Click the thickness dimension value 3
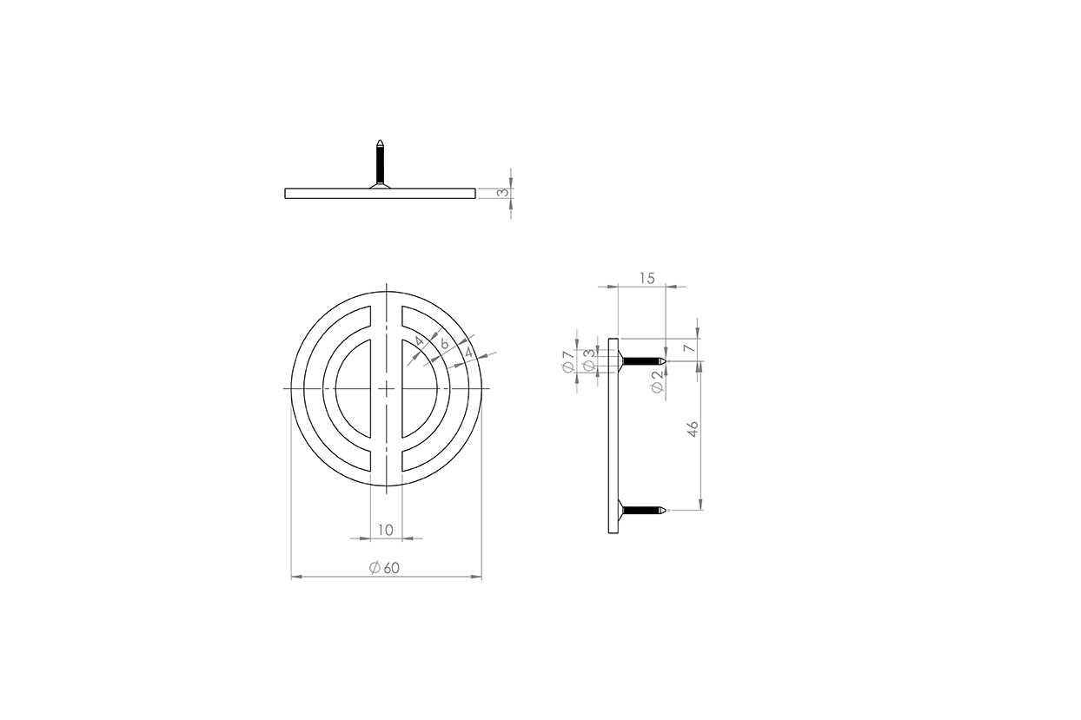point(503,193)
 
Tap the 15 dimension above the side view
point(647,278)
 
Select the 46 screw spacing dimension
point(693,429)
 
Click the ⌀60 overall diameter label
point(385,568)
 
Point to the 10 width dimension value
point(385,531)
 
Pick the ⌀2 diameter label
point(657,382)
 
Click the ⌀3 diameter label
point(589,360)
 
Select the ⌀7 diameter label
point(568,361)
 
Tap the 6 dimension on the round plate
point(444,344)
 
